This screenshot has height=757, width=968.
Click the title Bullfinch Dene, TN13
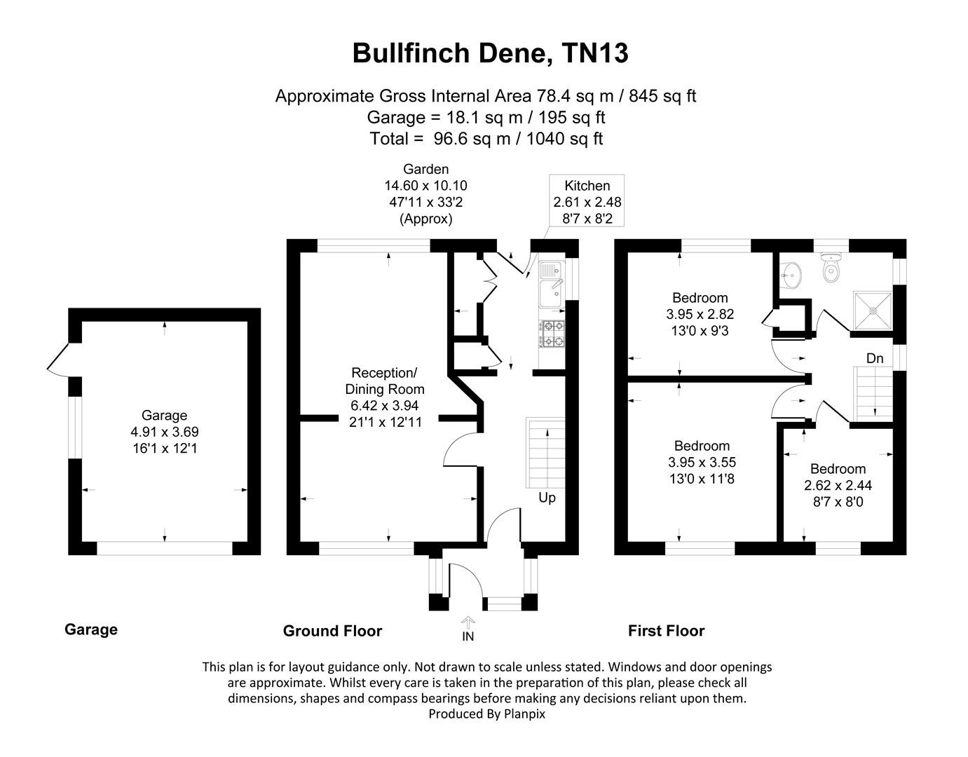pos(490,53)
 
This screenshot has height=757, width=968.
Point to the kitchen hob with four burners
pos(552,334)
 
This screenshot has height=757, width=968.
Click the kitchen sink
pos(550,275)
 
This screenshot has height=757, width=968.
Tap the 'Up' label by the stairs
pos(547,498)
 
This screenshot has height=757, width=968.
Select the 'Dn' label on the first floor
pos(874,358)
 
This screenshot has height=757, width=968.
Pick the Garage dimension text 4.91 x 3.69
pos(164,432)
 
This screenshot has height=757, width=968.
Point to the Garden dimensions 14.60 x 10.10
pos(425,186)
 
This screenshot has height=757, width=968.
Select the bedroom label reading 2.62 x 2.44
pos(838,485)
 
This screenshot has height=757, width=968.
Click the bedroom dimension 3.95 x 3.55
pos(702,463)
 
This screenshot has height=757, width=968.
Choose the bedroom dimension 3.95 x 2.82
pos(700,314)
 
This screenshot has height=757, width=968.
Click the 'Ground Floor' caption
pos(332,631)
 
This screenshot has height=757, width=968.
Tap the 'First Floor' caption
pos(666,631)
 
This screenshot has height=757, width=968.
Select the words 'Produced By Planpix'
pos(486,714)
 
